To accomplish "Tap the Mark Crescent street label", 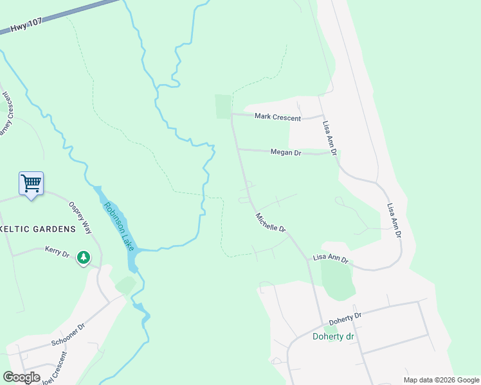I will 277,116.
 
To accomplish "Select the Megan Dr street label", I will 286,152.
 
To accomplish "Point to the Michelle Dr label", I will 270,223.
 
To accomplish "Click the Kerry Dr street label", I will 57,252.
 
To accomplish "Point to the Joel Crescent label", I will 53,369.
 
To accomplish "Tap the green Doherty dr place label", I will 334,336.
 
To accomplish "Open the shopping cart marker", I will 31,184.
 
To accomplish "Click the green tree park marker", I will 83,257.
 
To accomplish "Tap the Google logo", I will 21,377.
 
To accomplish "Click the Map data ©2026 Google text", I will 441,380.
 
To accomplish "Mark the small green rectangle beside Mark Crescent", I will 222,107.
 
